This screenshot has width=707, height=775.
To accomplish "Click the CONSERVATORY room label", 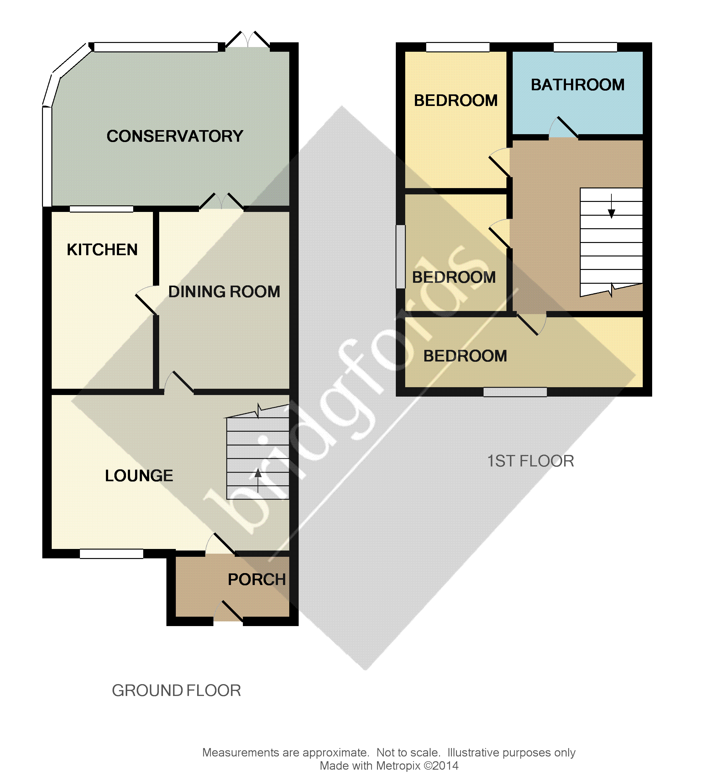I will pyautogui.click(x=175, y=136).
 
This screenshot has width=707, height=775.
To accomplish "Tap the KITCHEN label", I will pyautogui.click(x=102, y=250).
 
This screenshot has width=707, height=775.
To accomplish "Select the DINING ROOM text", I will pyautogui.click(x=224, y=292).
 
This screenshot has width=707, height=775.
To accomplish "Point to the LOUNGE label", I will pyautogui.click(x=139, y=476).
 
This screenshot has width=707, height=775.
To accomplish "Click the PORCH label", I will pyautogui.click(x=257, y=580).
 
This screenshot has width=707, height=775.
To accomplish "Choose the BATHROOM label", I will pyautogui.click(x=578, y=85).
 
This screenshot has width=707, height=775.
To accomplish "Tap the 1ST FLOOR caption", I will pyautogui.click(x=531, y=461).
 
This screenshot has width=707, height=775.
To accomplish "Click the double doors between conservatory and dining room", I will pyautogui.click(x=222, y=202).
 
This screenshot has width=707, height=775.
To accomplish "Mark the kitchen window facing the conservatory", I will pyautogui.click(x=102, y=209).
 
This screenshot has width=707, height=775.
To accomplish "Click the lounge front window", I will pyautogui.click(x=112, y=554).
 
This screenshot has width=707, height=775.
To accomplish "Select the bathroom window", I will pyautogui.click(x=585, y=47).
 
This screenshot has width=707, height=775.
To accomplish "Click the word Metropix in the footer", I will pyautogui.click(x=398, y=766).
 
